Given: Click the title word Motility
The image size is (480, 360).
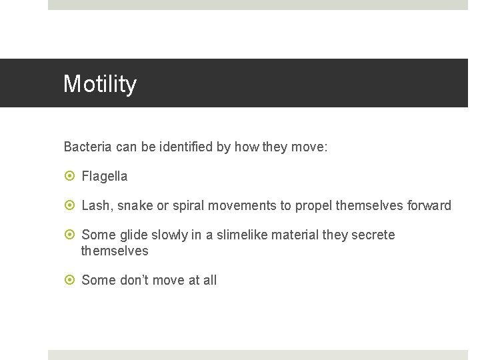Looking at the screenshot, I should pos(100,84).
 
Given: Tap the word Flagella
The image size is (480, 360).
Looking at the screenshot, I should pos(104,176).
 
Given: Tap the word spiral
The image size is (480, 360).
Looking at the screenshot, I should pos(188,205).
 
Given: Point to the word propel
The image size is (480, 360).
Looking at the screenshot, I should pos(313,205).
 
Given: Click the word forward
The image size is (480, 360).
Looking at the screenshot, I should pos(427,205).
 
